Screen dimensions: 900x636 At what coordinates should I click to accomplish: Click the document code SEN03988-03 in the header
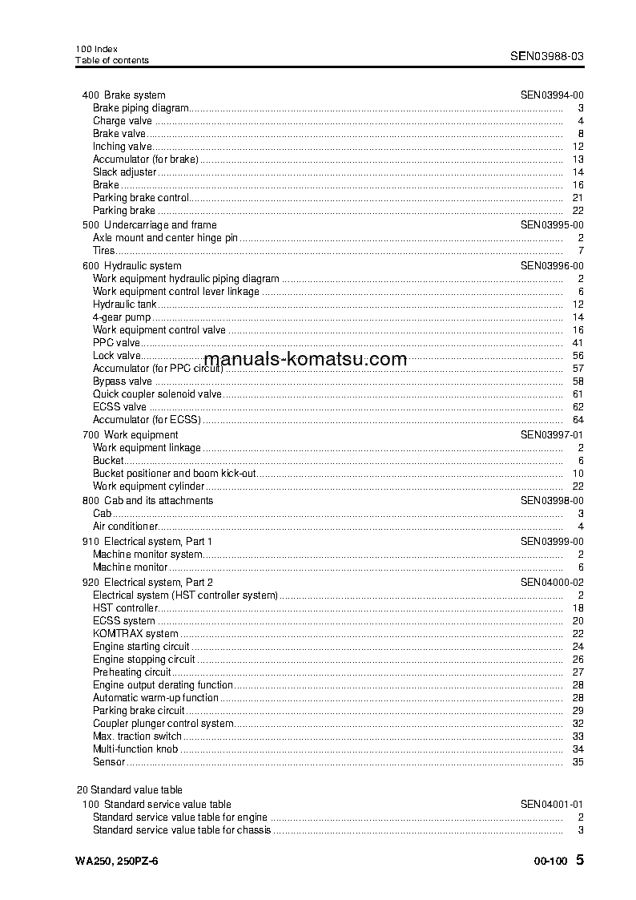[546, 56]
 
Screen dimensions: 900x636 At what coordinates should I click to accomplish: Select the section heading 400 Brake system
[124, 95]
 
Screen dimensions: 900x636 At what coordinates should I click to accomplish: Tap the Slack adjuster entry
[125, 172]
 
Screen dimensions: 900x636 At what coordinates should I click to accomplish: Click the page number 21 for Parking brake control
[578, 198]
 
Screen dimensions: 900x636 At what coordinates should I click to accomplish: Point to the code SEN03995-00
[552, 225]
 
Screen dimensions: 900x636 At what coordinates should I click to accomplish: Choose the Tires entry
[104, 251]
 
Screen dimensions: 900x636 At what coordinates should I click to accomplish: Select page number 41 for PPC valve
[578, 343]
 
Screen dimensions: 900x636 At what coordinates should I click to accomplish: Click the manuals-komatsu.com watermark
[305, 360]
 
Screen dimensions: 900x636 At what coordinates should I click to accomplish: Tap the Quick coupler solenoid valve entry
[157, 394]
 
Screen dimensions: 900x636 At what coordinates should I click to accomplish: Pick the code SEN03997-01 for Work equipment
[552, 435]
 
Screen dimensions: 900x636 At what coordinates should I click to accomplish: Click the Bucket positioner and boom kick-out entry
[175, 474]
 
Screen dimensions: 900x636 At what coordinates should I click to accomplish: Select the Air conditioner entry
[125, 527]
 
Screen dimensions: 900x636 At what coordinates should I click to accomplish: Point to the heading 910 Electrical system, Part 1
[147, 542]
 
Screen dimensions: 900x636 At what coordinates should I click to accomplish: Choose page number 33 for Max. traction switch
[578, 737]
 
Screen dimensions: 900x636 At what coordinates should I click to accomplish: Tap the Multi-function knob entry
[135, 749]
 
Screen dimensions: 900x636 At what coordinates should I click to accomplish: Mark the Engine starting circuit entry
[141, 647]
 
